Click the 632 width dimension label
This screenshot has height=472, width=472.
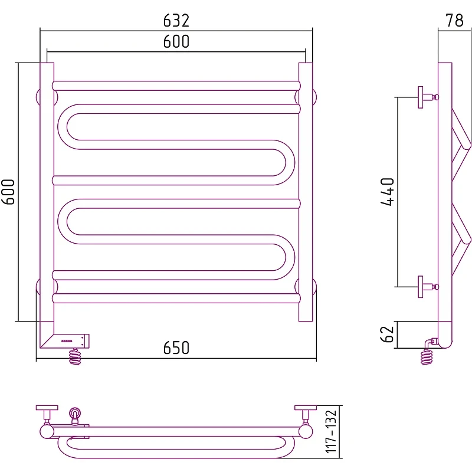176,21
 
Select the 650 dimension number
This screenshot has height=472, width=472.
176,348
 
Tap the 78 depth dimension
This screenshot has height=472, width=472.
454,21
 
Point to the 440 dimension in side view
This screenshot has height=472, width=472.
388,192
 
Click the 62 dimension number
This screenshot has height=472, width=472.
388,335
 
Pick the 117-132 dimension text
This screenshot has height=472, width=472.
331,431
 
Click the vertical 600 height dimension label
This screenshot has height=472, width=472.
8,192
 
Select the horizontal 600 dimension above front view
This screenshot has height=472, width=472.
176,41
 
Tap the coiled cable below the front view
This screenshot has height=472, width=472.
75,357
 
